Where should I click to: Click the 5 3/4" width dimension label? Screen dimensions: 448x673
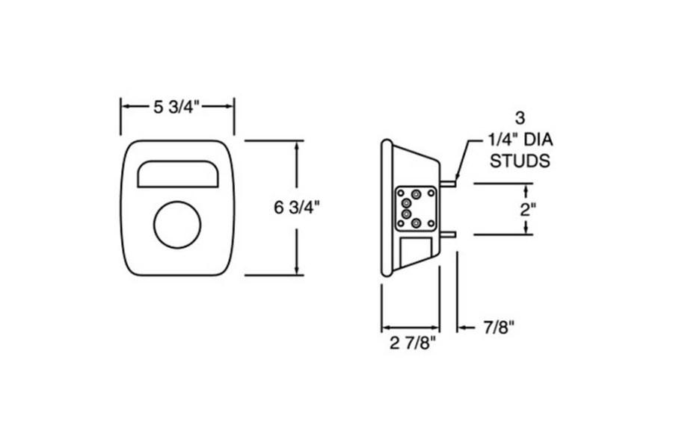177,107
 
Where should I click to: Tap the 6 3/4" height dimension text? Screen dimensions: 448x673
298,207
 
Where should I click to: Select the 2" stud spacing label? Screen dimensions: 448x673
528,208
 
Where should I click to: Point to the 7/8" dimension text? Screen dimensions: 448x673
500,327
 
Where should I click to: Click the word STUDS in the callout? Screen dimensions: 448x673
520,160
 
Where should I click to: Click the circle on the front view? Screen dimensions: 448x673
177,225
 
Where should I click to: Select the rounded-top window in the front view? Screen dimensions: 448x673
177,174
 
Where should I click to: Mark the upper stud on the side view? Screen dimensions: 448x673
446,182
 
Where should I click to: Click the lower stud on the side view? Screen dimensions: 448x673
448,234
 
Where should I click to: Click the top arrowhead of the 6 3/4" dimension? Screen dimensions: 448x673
298,145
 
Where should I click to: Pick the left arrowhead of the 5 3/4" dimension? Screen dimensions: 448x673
125,107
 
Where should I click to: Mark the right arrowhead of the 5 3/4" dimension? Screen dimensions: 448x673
230,107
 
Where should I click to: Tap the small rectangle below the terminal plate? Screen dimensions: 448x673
414,251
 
